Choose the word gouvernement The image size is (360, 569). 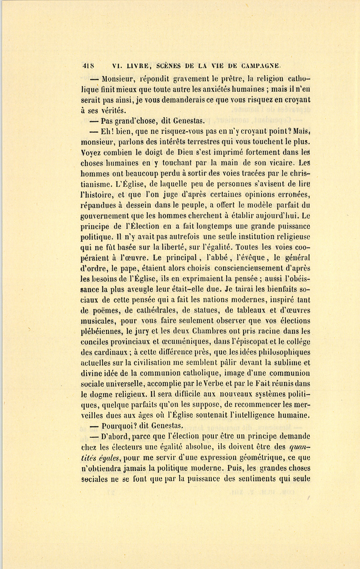105,216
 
